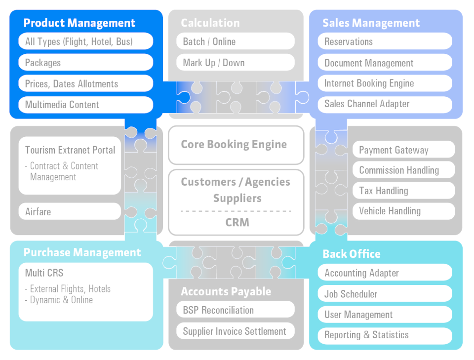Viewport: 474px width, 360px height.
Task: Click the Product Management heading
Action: (79, 23)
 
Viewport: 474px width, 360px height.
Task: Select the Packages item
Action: (86, 63)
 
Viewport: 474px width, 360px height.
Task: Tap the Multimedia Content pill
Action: (86, 105)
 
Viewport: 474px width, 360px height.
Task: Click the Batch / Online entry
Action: (235, 41)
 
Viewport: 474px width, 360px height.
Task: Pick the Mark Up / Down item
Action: (235, 63)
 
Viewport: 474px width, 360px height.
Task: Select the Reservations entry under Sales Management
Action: (385, 41)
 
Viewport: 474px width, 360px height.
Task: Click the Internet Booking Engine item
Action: (385, 83)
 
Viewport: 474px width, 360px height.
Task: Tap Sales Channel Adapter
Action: (385, 104)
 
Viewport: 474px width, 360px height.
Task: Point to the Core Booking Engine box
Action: (236, 145)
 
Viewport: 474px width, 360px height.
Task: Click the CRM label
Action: (237, 223)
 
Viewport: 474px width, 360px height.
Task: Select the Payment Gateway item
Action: (403, 150)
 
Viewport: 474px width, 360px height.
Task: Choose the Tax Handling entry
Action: (403, 191)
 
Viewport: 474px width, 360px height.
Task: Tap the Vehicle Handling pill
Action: (403, 211)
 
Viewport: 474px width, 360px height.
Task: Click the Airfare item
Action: (70, 212)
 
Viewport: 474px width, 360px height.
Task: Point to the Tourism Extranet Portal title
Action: (70, 150)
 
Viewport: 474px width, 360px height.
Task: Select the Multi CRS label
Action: (44, 273)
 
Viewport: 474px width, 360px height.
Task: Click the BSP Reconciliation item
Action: (235, 310)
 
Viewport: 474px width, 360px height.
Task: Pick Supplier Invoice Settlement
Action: (235, 331)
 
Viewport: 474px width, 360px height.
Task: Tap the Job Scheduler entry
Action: (385, 294)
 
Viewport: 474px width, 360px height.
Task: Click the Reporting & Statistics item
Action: (385, 335)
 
